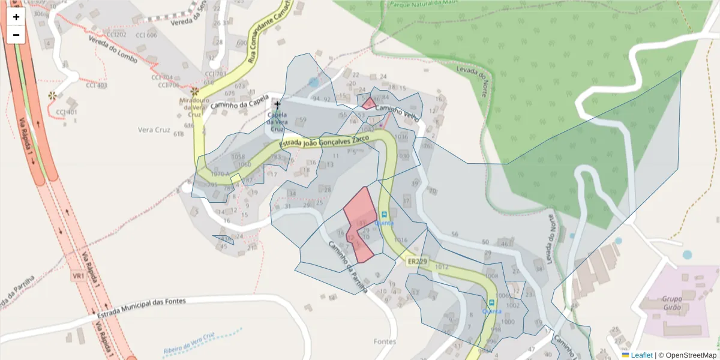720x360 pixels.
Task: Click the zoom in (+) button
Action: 16,17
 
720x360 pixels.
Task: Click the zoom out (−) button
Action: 16,35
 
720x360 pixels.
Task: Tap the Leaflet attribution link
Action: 641,355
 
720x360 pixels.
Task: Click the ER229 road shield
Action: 416,262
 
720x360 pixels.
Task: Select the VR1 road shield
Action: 78,275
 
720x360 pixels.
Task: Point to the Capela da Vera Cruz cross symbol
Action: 277,104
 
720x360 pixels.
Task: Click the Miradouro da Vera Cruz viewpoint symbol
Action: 194,91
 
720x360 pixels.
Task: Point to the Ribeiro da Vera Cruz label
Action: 188,345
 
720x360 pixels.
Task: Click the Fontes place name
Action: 385,341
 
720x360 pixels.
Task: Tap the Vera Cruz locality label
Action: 154,130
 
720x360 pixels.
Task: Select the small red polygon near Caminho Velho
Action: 368,103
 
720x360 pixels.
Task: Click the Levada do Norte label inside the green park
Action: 481,82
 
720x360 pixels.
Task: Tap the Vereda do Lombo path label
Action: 113,50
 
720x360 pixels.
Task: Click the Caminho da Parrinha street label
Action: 347,268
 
